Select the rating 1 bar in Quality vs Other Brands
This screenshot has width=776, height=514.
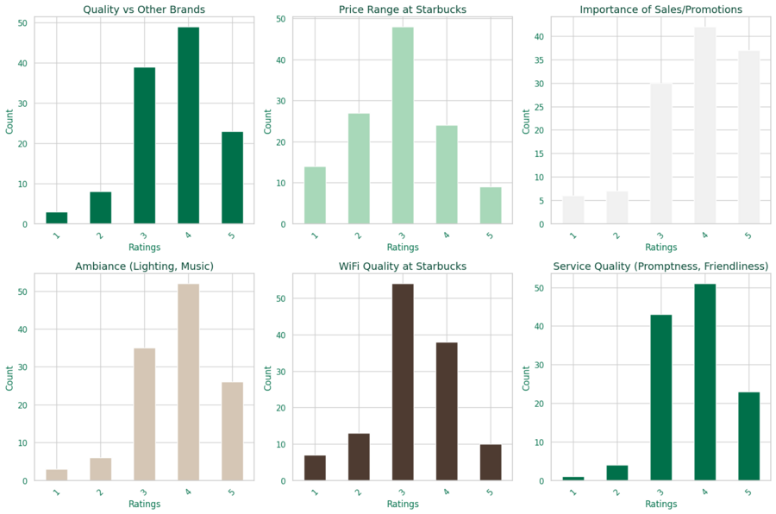click(57, 218)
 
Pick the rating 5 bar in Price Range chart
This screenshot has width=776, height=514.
click(491, 206)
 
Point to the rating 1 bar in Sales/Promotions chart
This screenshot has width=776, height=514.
click(573, 210)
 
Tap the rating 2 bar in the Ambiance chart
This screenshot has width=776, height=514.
click(101, 469)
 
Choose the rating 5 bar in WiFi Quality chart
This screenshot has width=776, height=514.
click(491, 462)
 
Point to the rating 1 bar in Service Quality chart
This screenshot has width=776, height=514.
click(573, 479)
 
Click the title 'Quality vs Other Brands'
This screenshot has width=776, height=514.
click(144, 9)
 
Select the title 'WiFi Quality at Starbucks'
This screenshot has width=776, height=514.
click(403, 266)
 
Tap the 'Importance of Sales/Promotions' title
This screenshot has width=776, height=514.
click(661, 9)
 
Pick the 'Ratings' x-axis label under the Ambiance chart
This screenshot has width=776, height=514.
click(144, 504)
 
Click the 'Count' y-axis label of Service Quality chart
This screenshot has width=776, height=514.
click(528, 378)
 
